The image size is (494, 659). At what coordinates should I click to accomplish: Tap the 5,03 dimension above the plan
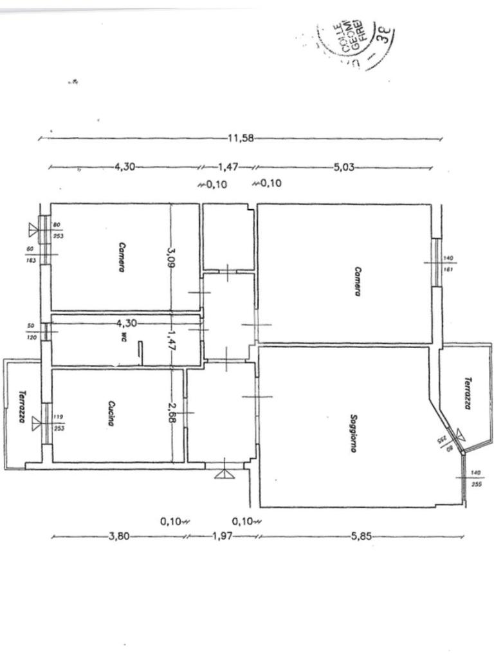pyautogui.click(x=344, y=167)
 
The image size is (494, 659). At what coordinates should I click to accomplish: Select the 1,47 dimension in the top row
pyautogui.click(x=228, y=167)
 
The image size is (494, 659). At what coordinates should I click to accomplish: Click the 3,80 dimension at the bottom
pyautogui.click(x=121, y=535)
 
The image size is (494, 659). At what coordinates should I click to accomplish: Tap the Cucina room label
pyautogui.click(x=111, y=414)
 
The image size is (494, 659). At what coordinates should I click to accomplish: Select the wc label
pyautogui.click(x=123, y=337)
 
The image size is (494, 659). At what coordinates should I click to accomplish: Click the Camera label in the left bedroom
pyautogui.click(x=120, y=257)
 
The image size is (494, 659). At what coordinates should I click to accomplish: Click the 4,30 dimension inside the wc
pyautogui.click(x=125, y=322)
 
